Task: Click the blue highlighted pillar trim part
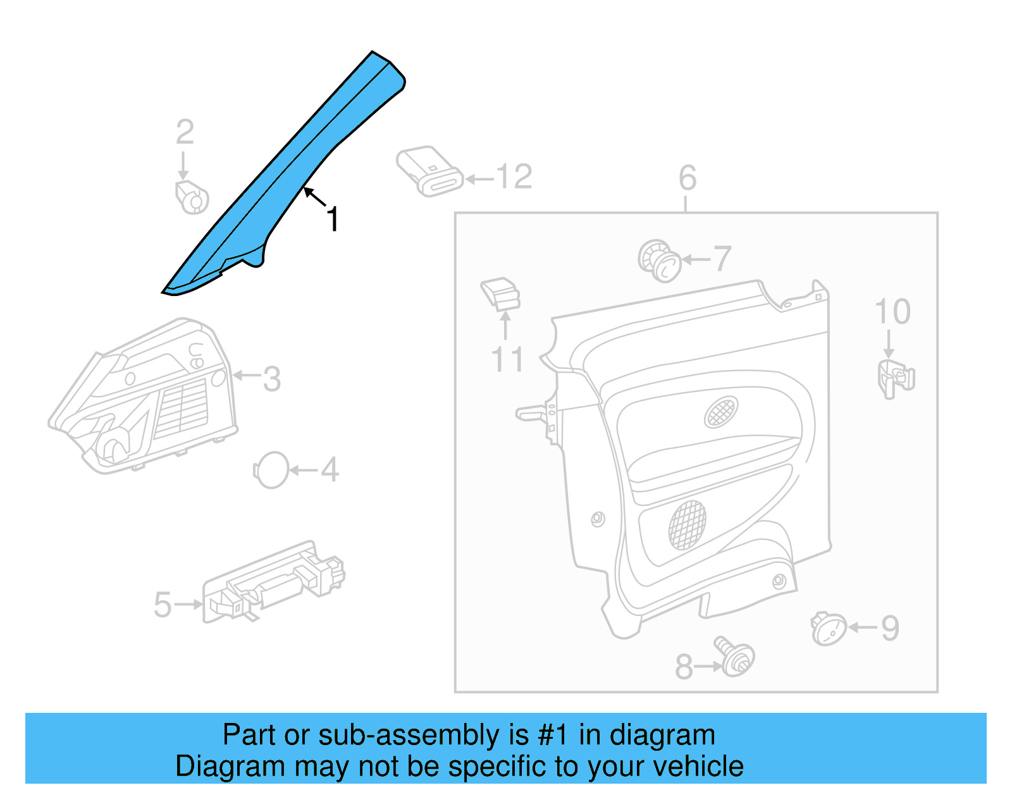[285, 171]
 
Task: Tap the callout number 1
[333, 219]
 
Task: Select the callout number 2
[185, 132]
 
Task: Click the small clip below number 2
[192, 197]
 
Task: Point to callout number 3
[271, 379]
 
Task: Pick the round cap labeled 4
[271, 470]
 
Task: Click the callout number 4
[330, 470]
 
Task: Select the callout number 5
[163, 604]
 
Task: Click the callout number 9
[890, 628]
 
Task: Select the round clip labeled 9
[829, 629]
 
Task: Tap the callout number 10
[892, 312]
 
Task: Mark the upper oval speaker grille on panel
[721, 412]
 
